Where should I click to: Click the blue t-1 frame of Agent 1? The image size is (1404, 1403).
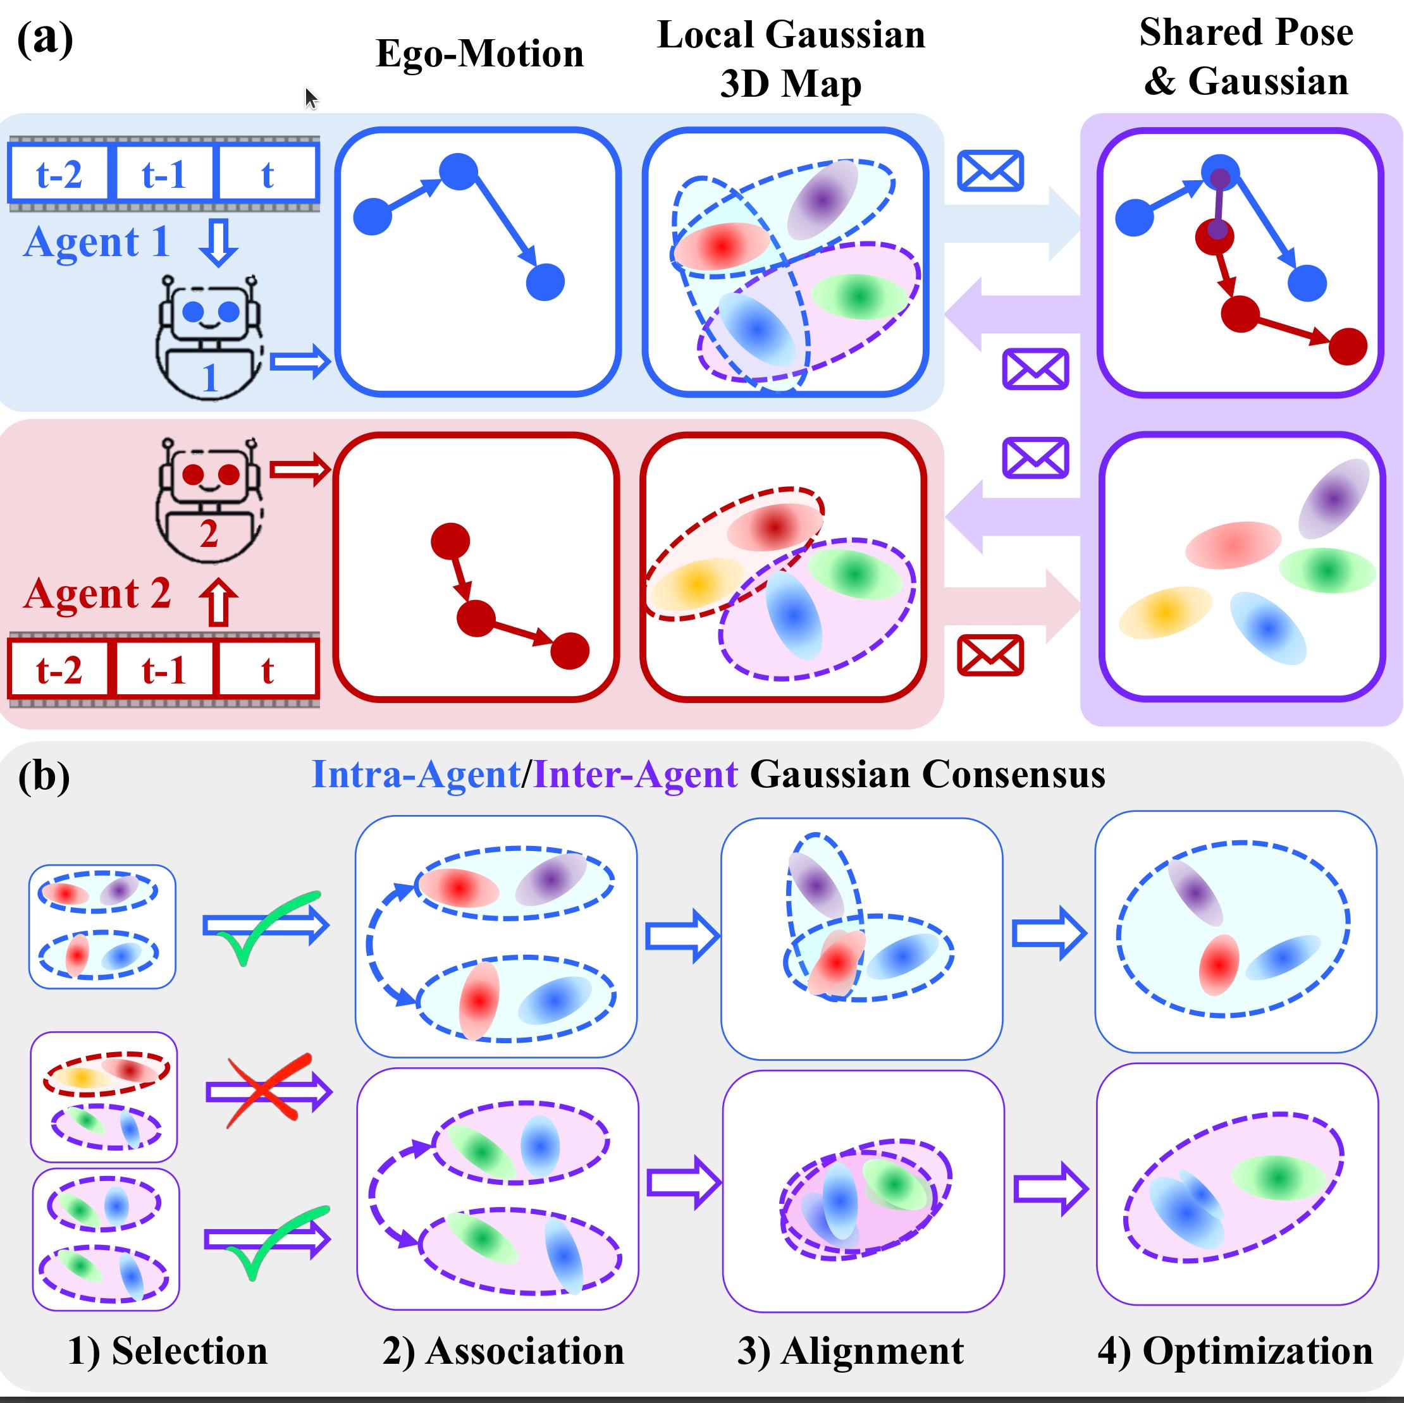point(164,173)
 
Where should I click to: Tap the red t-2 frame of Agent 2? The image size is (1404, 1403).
point(59,668)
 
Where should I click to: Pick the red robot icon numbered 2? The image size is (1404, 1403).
point(209,501)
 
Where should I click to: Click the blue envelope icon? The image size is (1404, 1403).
point(990,171)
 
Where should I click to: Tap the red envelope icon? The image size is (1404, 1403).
point(990,656)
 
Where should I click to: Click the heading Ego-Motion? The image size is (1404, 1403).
point(479,54)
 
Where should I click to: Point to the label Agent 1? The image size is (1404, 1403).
point(97,242)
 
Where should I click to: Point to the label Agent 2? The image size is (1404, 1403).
point(97,594)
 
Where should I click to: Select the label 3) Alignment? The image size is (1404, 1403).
point(850,1351)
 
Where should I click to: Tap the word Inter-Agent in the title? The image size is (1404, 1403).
point(636,775)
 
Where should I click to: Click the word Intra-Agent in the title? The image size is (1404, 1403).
point(416,775)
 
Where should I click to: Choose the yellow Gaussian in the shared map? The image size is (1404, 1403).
point(1164,613)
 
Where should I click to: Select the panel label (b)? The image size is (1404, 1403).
point(44,776)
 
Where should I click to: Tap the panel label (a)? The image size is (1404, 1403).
point(44,39)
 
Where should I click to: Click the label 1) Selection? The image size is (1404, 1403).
point(168,1351)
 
